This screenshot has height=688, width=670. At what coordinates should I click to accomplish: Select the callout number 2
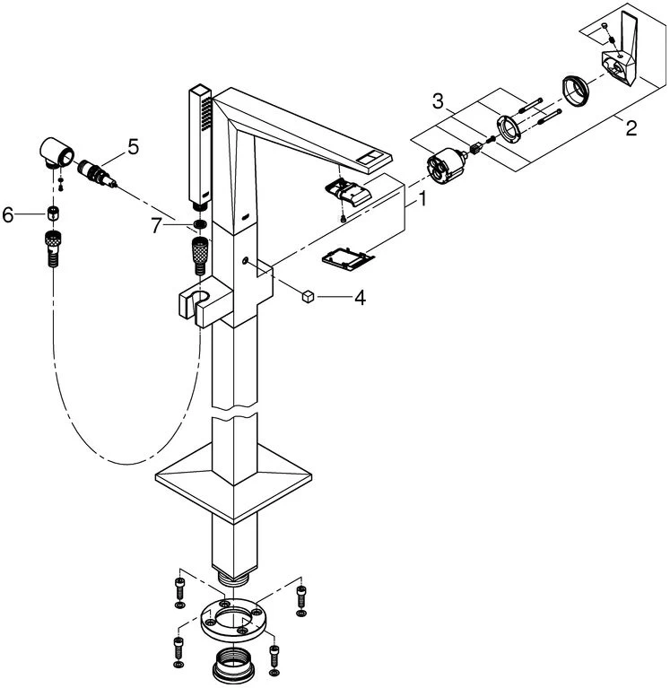631,128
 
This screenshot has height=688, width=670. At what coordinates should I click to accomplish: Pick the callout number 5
134,144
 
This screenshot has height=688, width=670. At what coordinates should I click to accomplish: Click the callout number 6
10,215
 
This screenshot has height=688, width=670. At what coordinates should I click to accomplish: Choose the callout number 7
157,226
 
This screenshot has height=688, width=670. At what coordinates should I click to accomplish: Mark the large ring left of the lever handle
575,91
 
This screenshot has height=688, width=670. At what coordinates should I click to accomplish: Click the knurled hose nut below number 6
52,245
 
